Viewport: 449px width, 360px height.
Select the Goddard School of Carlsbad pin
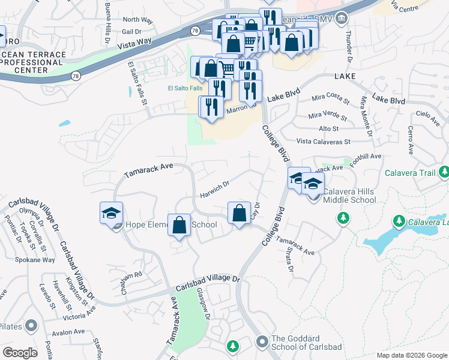[262, 342]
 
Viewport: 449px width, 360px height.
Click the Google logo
[20, 352]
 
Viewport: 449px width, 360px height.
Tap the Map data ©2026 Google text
[412, 355]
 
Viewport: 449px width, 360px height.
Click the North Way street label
[138, 20]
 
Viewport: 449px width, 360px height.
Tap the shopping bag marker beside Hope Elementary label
[179, 225]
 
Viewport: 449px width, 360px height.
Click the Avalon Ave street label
[68, 332]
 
